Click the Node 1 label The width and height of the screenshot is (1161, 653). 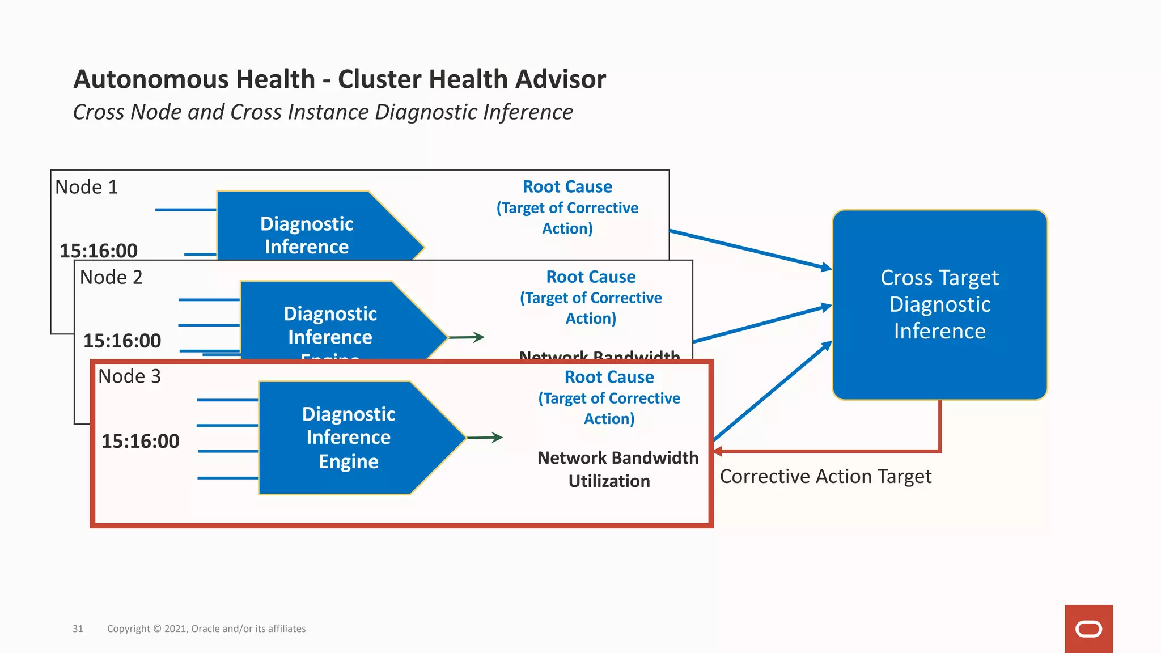tap(86, 187)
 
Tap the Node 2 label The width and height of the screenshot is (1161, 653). tap(111, 277)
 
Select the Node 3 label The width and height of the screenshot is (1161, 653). tap(129, 376)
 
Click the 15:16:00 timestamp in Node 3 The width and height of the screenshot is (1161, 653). tap(140, 441)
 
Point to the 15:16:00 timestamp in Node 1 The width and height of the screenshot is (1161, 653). tap(99, 251)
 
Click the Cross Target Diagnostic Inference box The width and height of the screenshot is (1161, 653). tap(939, 305)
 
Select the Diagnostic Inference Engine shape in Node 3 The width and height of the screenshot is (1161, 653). tap(349, 438)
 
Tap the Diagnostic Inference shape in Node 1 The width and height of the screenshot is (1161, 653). tap(307, 235)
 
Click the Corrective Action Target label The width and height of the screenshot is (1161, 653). tap(825, 477)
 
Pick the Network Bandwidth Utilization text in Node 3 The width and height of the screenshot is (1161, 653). tap(617, 469)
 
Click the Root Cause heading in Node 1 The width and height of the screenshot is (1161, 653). tap(567, 186)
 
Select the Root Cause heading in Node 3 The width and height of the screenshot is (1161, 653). tap(609, 377)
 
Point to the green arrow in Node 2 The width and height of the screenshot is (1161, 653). tap(467, 337)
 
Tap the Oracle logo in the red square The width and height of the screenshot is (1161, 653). tap(1088, 629)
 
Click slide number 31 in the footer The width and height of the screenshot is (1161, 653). tap(78, 629)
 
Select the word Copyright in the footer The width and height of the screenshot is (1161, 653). tap(129, 629)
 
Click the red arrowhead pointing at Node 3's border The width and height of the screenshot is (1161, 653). tap(718, 451)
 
